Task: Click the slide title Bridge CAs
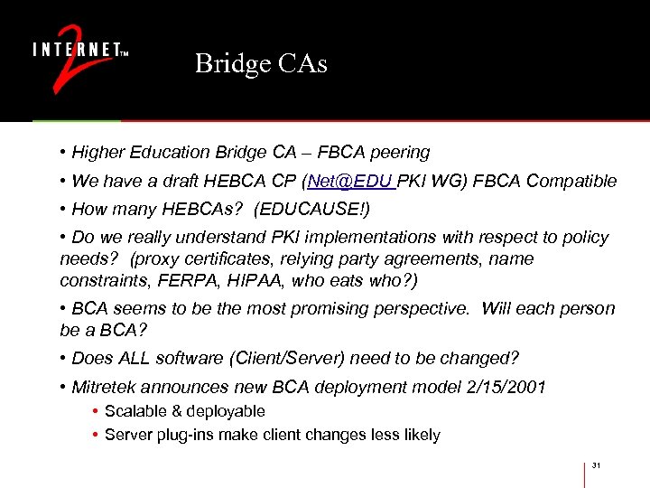pos(261,64)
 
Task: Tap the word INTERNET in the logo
pos(76,49)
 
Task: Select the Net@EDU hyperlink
pos(350,182)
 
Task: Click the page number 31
pos(596,465)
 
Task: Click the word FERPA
pos(173,280)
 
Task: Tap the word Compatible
pos(571,182)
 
